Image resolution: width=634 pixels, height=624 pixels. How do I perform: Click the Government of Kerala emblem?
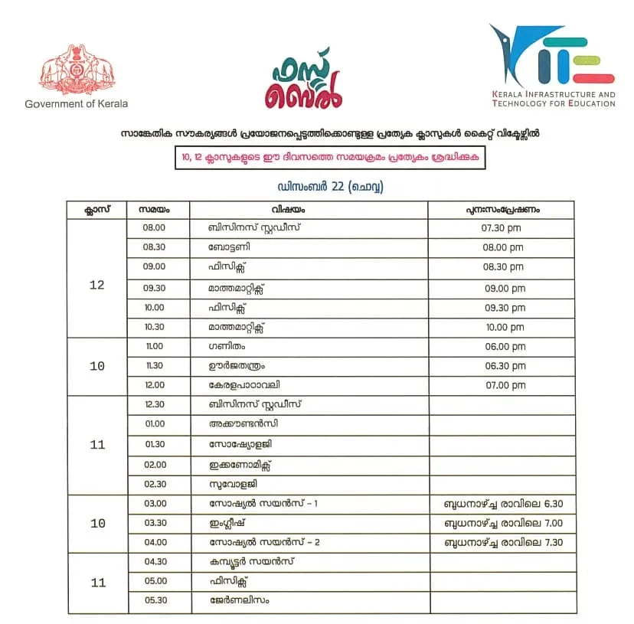(x=76, y=70)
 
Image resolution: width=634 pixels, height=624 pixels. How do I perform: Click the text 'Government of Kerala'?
(x=77, y=103)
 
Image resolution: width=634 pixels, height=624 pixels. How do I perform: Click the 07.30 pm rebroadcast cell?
(x=502, y=228)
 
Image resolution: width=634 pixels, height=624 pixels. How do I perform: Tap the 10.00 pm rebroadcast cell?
(x=502, y=327)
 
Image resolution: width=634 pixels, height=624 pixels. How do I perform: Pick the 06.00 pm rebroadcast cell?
(x=502, y=347)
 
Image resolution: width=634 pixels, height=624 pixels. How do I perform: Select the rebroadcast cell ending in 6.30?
(x=502, y=504)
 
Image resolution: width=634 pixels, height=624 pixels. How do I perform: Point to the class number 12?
(x=97, y=286)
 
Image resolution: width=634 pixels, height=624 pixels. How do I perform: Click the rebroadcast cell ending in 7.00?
(x=502, y=523)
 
